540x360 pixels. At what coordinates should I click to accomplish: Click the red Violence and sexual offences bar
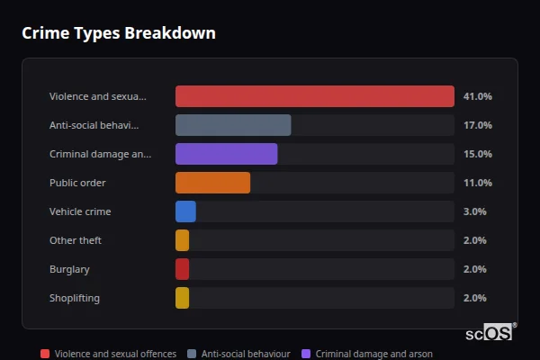(314, 96)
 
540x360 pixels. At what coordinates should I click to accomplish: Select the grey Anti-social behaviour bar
(233, 125)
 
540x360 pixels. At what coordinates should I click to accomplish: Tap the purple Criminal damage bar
(226, 154)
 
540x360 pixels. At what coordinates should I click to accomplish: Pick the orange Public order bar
(212, 183)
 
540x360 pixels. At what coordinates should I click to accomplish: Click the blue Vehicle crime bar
(185, 211)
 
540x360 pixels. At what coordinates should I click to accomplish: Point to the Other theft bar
(182, 240)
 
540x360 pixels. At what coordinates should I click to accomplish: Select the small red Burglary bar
(182, 269)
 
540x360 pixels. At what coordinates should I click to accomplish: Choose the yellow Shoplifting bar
(182, 298)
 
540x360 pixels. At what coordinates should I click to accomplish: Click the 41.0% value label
(477, 96)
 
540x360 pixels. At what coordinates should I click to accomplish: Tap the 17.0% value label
(477, 125)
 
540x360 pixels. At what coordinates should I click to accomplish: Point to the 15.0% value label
(477, 154)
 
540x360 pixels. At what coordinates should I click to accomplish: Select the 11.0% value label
(477, 183)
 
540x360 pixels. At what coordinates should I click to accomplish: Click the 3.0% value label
(474, 211)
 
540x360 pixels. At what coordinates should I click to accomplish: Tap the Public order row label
(77, 183)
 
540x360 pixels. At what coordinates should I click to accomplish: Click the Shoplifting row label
(75, 298)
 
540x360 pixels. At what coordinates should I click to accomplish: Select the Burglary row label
(69, 269)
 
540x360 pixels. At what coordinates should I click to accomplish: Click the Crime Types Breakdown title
(119, 33)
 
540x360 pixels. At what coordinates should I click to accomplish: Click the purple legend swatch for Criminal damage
(308, 354)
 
